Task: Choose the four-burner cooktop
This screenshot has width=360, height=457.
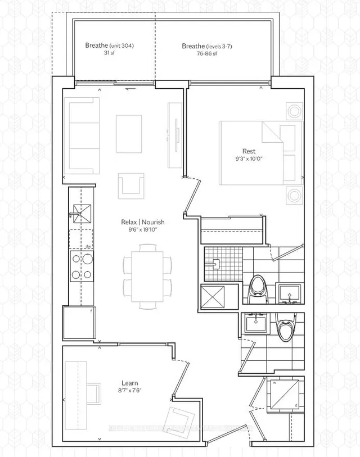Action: (80, 268)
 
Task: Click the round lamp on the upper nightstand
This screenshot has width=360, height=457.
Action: (292, 110)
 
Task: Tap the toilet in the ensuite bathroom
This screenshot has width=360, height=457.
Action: (258, 286)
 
